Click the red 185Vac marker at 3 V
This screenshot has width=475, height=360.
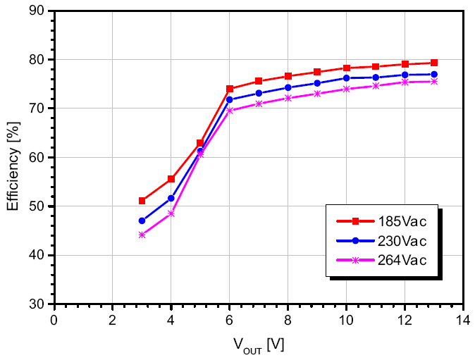pos(142,201)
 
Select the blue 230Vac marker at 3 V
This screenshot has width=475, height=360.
pos(142,221)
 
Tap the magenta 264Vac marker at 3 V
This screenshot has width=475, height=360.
pos(142,235)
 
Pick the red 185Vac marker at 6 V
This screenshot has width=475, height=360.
pos(230,89)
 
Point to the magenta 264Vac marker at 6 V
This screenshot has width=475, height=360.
pos(230,111)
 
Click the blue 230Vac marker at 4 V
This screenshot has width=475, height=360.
pos(171,198)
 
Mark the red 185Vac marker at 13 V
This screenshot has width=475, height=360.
pos(434,63)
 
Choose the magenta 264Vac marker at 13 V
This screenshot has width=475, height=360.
pos(434,82)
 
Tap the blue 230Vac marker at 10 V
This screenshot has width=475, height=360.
pos(346,77)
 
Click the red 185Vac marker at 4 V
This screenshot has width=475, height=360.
pos(171,179)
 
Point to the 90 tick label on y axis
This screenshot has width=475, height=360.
pos(39,11)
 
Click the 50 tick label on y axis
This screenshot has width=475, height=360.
pos(39,206)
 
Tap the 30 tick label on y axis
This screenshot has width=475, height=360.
pos(39,304)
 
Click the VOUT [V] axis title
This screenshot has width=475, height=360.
pos(258,345)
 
